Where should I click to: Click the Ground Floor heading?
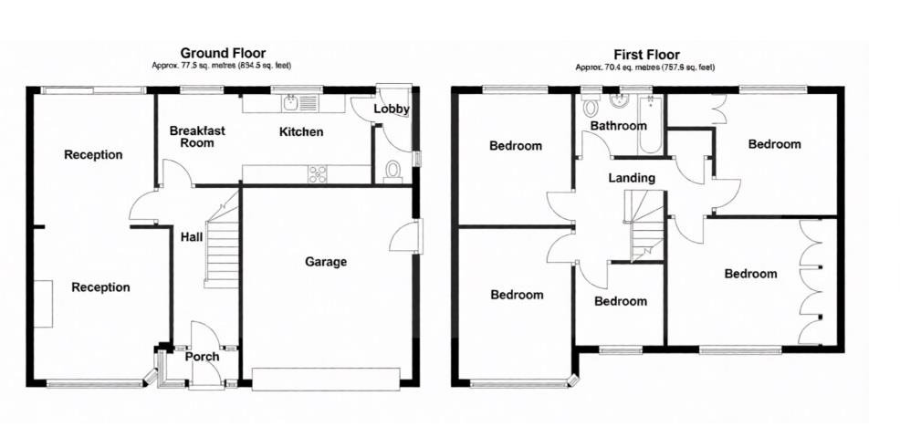pyautogui.click(x=223, y=54)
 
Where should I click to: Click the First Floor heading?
pyautogui.click(x=646, y=55)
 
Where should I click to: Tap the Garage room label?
pyautogui.click(x=326, y=262)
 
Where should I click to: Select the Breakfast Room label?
pyautogui.click(x=197, y=137)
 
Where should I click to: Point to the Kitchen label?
pyautogui.click(x=301, y=132)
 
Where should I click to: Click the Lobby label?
pyautogui.click(x=392, y=109)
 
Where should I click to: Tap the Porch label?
pyautogui.click(x=202, y=356)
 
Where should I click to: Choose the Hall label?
pyautogui.click(x=191, y=235)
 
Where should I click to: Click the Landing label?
pyautogui.click(x=632, y=178)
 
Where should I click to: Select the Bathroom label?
pyautogui.click(x=618, y=126)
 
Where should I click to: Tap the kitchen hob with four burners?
pyautogui.click(x=318, y=173)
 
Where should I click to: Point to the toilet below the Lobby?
pyautogui.click(x=393, y=172)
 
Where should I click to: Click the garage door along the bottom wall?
pyautogui.click(x=326, y=378)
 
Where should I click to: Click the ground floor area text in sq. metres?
pyautogui.click(x=222, y=66)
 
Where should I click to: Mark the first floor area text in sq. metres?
pyautogui.click(x=645, y=67)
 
